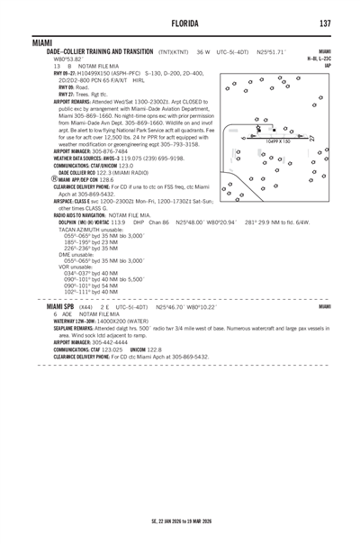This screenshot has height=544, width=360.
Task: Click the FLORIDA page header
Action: pos(180,23)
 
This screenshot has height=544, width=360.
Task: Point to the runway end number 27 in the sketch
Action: pos(311,138)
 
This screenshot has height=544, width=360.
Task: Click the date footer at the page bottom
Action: pos(181,521)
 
